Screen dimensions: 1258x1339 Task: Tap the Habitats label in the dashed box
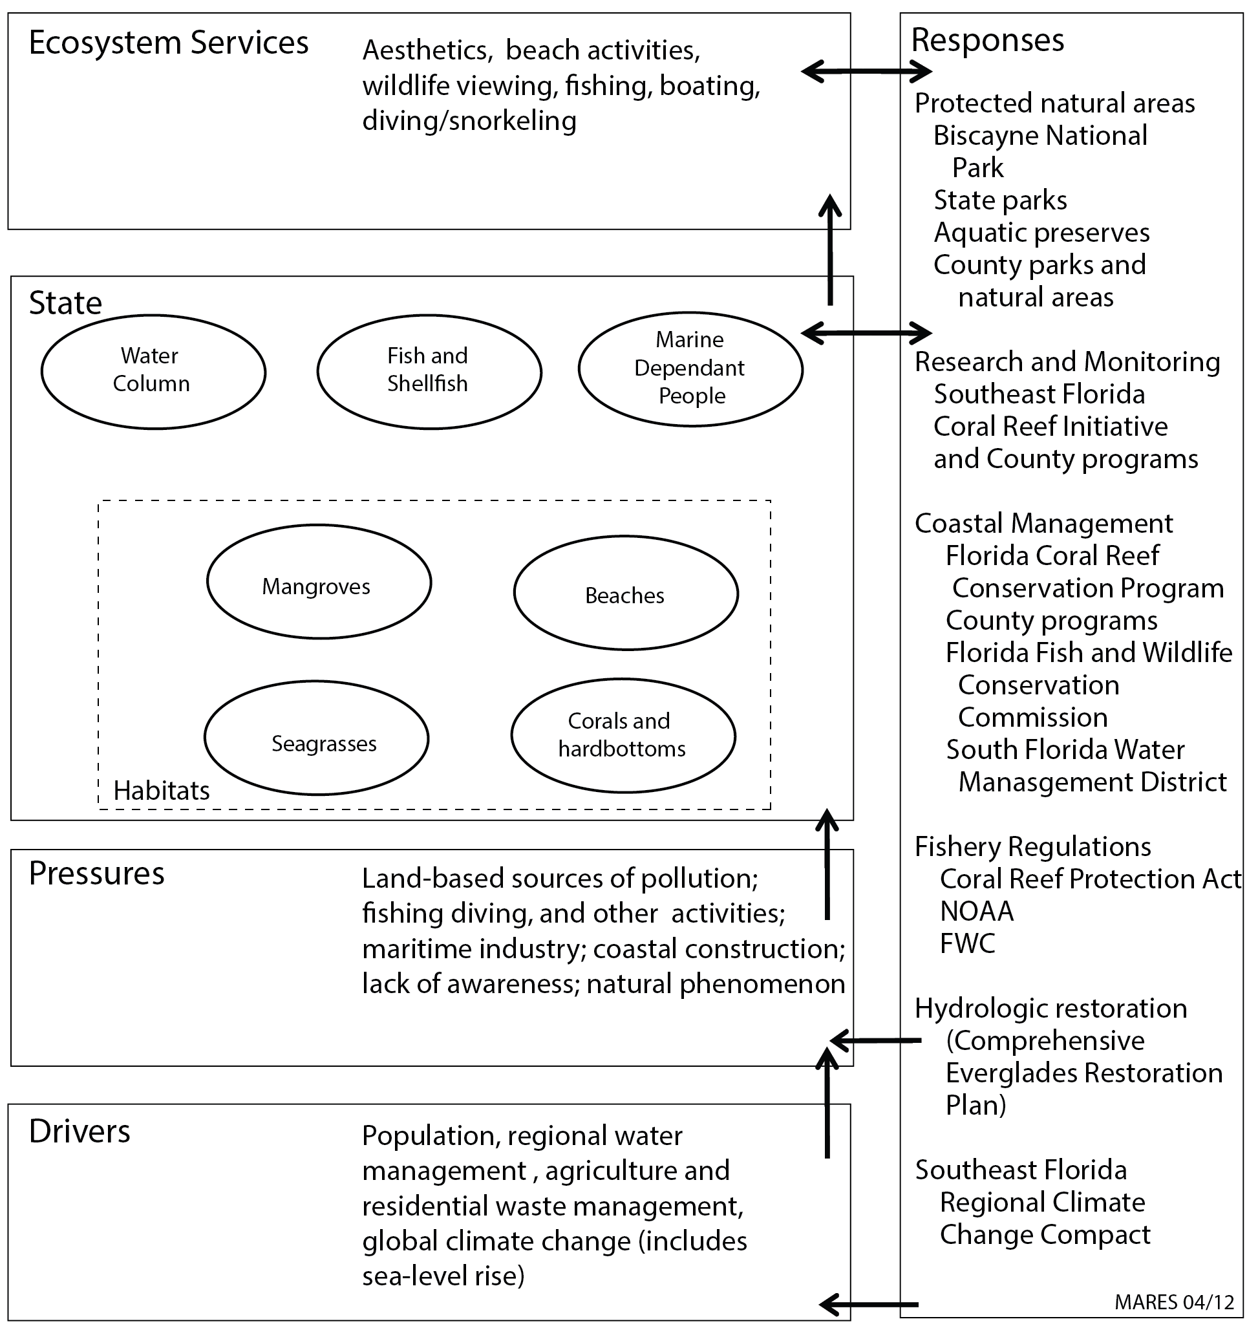pyautogui.click(x=162, y=790)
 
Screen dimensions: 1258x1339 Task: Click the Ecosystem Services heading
pyautogui.click(x=168, y=43)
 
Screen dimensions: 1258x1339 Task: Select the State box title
pyautogui.click(x=65, y=303)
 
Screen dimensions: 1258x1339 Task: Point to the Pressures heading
pyautogui.click(x=97, y=873)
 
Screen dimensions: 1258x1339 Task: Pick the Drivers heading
pyautogui.click(x=80, y=1131)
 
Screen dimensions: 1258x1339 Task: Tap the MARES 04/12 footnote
pyautogui.click(x=1175, y=1302)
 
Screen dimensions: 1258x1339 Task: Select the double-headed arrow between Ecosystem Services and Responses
pyautogui.click(x=866, y=70)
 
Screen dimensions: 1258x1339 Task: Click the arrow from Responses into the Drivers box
pyautogui.click(x=869, y=1304)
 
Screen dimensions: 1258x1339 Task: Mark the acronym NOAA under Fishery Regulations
pyautogui.click(x=977, y=911)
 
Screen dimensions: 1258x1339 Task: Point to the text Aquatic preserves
pyautogui.click(x=1041, y=233)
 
